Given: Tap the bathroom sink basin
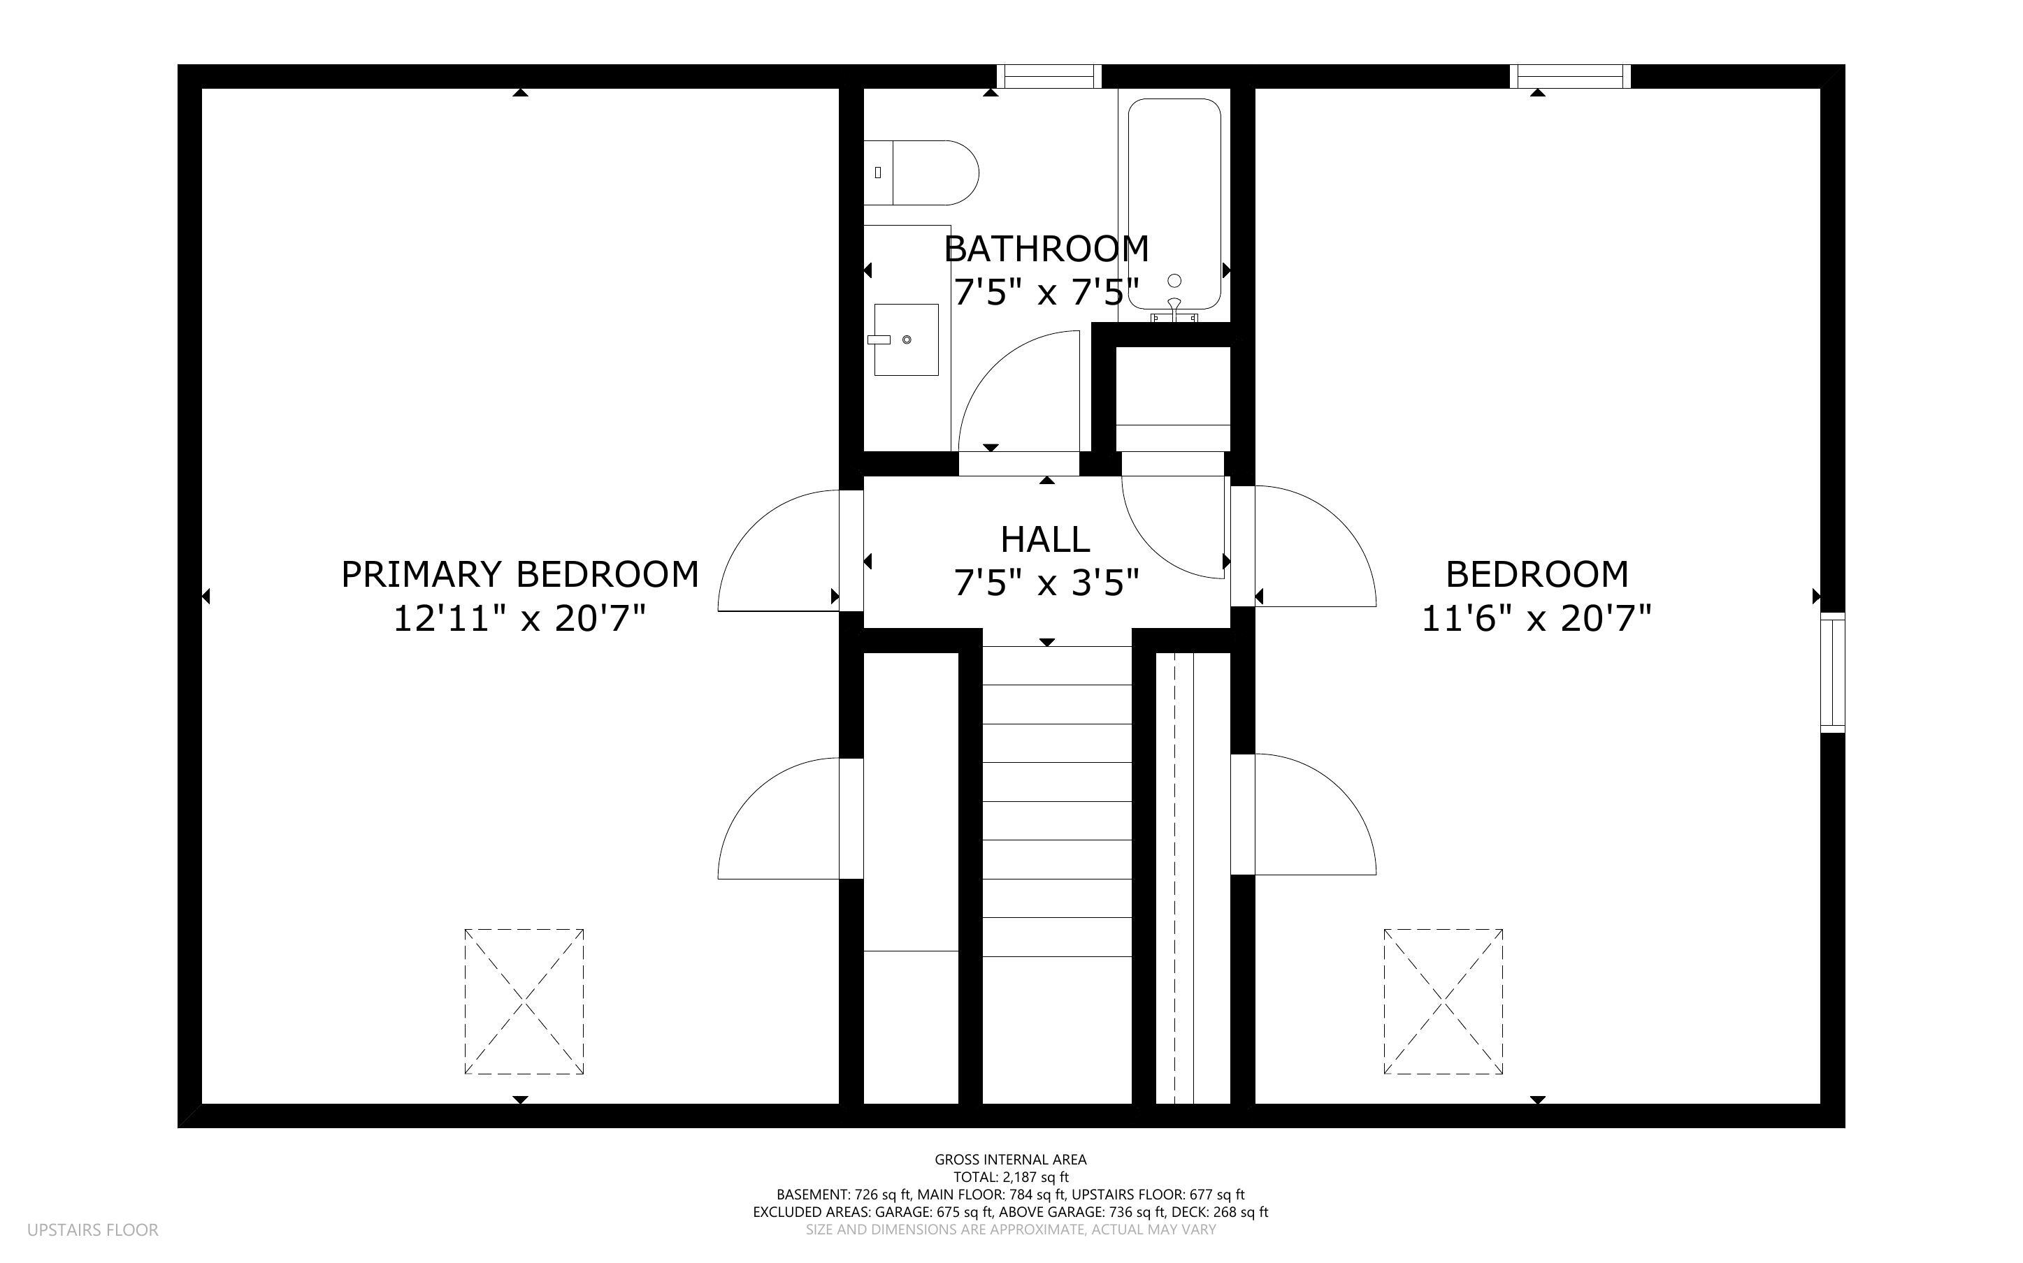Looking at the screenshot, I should [906, 339].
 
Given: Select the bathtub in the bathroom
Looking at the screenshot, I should [1174, 205].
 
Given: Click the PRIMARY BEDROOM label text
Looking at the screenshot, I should [520, 575].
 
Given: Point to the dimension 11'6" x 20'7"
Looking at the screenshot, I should [1536, 620].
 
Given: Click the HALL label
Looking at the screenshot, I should [1044, 539].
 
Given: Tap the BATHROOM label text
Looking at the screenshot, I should [1046, 249].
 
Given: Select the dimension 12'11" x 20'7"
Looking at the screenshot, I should [520, 620].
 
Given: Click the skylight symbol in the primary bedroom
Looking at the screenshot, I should [524, 1001].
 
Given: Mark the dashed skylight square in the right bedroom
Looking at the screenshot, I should [1443, 1001].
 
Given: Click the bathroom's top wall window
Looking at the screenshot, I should [1049, 77].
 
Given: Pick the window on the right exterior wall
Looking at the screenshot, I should [1832, 673].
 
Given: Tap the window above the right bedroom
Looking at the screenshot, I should [1570, 77].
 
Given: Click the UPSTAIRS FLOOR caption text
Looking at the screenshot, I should [93, 1229].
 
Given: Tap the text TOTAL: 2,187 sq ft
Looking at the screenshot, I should [1010, 1177].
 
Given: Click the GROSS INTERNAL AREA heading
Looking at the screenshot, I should [1010, 1160].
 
